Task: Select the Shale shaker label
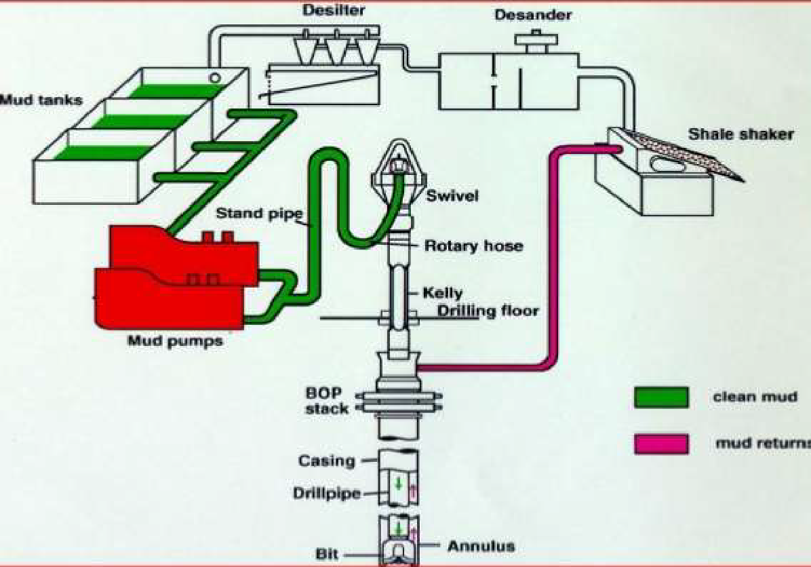(740, 134)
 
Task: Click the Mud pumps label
(175, 340)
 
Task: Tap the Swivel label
(453, 196)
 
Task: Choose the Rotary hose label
(473, 246)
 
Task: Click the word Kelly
(442, 294)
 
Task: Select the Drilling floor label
(488, 311)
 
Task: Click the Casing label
(327, 461)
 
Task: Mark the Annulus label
(481, 545)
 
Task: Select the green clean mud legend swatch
(661, 397)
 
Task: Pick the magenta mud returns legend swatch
(661, 444)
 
